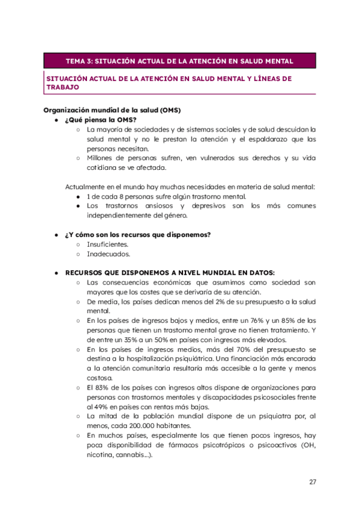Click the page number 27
coord(313,482)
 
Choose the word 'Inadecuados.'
coord(109,254)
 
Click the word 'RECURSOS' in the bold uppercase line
coord(86,272)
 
